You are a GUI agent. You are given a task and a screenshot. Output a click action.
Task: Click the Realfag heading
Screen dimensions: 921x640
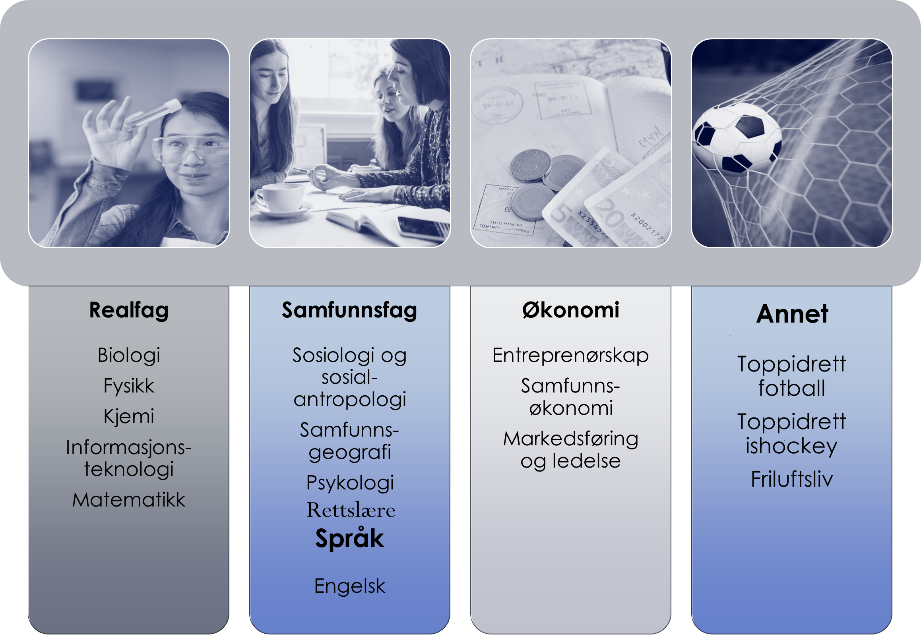pyautogui.click(x=129, y=311)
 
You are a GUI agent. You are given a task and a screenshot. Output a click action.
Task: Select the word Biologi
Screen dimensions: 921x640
pyautogui.click(x=129, y=356)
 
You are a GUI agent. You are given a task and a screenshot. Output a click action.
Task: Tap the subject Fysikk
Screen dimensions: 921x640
pyautogui.click(x=129, y=386)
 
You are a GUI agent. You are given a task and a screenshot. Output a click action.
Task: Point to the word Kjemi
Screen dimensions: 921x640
pyautogui.click(x=129, y=416)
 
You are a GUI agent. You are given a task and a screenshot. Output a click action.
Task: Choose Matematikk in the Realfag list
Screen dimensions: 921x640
pyautogui.click(x=129, y=500)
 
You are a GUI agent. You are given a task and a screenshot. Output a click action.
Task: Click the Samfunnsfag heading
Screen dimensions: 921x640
pyautogui.click(x=349, y=311)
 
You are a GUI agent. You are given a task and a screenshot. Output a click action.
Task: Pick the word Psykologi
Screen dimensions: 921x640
pyautogui.click(x=350, y=483)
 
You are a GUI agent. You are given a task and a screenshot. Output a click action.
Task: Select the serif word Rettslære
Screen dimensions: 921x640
pyautogui.click(x=351, y=510)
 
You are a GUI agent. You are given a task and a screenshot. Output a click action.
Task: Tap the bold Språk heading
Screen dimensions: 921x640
pyautogui.click(x=349, y=538)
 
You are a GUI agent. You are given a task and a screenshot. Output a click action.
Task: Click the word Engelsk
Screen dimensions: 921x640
pyautogui.click(x=349, y=587)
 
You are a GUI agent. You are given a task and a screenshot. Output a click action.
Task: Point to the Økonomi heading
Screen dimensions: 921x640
pyautogui.click(x=571, y=310)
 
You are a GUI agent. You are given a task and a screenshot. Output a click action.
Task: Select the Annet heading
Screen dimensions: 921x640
pyautogui.click(x=792, y=313)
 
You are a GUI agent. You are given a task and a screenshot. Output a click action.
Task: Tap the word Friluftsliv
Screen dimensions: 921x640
pyautogui.click(x=792, y=479)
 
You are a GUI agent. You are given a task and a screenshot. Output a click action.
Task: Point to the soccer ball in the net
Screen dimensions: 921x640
pyautogui.click(x=737, y=138)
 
